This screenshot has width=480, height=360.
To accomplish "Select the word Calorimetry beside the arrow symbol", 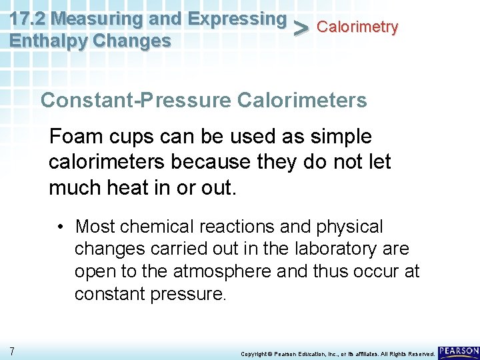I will click(x=357, y=27).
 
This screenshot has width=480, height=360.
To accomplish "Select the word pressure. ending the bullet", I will click(x=187, y=293).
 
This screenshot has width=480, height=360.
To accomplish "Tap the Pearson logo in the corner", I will click(x=459, y=351).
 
